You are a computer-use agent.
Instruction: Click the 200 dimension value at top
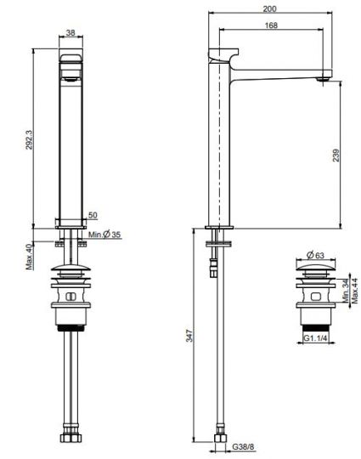[269, 8]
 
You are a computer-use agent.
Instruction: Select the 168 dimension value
[271, 25]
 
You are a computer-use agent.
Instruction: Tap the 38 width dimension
[71, 33]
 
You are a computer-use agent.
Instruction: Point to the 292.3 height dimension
[29, 139]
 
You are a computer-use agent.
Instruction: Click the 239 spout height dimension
[336, 156]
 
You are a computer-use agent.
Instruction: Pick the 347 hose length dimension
[189, 336]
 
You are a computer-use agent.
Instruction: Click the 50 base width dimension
[93, 215]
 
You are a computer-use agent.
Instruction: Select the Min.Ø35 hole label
[104, 235]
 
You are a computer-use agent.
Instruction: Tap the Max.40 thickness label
[29, 257]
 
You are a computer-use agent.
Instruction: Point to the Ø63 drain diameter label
[315, 255]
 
